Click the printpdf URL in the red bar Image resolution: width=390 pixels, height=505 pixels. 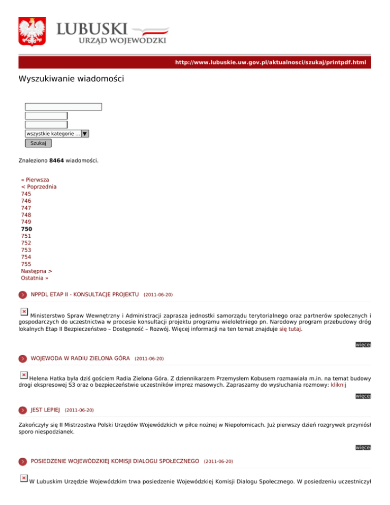point(270,62)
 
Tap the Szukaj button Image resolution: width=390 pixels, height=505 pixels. point(38,143)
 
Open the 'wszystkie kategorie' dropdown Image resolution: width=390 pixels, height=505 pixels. point(57,134)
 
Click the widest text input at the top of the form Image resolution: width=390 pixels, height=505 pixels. point(63,107)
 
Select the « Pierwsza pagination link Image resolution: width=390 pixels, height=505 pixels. point(35,180)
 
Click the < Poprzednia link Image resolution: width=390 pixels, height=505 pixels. point(39,187)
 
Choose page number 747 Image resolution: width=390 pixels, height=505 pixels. point(26,208)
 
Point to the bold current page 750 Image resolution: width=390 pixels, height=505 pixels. point(26,229)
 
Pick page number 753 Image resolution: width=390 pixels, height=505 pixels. point(26,250)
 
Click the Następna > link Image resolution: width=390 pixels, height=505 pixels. point(37,271)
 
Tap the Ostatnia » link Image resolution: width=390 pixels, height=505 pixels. point(35,278)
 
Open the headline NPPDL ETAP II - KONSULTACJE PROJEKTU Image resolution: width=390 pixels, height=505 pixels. point(85,294)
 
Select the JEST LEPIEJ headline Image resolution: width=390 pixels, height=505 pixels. point(46,409)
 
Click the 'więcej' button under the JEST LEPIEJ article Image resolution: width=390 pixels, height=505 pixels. point(364,448)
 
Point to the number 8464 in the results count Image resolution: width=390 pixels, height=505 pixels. point(56,161)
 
